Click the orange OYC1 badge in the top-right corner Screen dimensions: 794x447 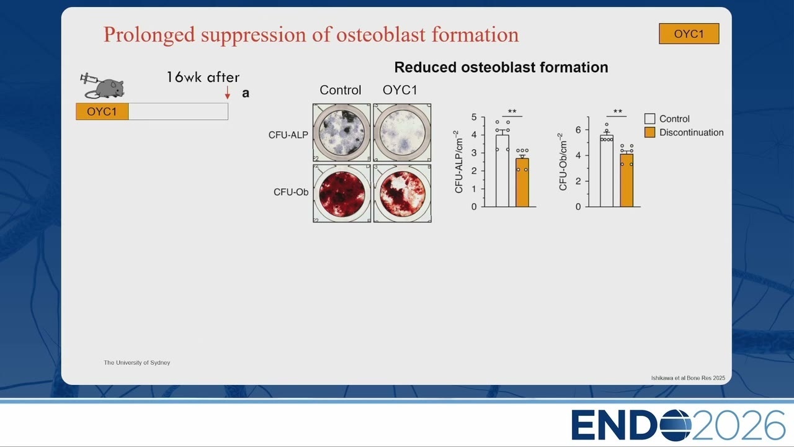689,34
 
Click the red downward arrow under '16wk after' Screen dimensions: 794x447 228,93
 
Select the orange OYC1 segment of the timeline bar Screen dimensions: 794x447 102,111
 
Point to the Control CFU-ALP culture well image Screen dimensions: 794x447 342,133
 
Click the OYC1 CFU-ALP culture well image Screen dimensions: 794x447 403,133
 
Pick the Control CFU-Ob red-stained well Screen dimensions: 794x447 342,193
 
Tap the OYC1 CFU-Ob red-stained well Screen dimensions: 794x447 403,193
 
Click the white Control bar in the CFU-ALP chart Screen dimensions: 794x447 502,171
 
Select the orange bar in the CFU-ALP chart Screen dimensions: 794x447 522,183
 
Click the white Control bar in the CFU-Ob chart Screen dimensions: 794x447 607,171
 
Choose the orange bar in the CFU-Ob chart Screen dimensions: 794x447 627,180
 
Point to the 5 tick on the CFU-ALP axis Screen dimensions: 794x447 474,117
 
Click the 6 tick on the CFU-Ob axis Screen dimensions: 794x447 578,130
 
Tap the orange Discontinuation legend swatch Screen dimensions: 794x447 649,132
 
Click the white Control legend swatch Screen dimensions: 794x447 649,119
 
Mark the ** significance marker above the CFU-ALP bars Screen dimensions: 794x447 512,111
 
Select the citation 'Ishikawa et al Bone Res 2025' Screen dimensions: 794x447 688,378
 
